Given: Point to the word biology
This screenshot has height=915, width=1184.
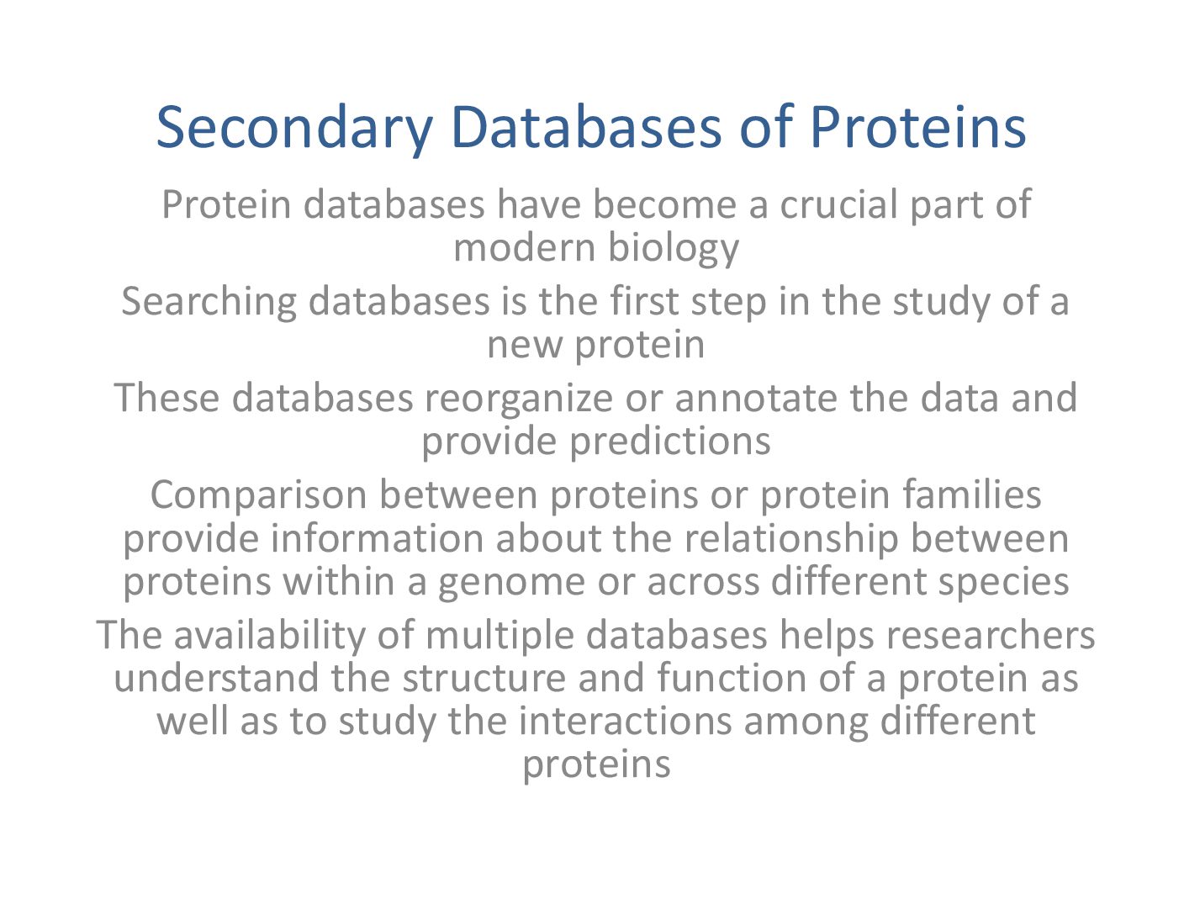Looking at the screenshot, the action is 674,250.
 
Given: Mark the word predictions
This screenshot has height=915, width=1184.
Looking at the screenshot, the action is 670,441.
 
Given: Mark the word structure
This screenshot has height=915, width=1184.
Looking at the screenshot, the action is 484,680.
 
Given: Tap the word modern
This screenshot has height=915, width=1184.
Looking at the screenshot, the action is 525,248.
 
